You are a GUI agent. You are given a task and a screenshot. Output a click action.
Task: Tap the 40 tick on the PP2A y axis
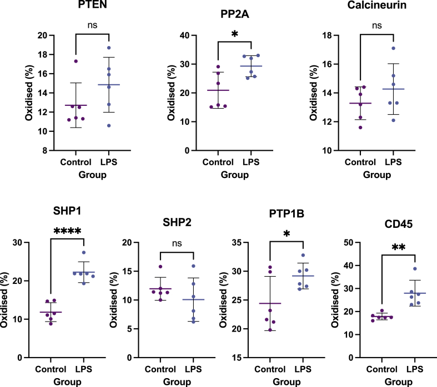tap(184, 35)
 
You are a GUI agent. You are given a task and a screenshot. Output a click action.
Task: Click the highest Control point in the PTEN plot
tap(76, 61)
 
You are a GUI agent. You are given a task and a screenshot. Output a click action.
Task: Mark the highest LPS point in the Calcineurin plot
tap(393, 48)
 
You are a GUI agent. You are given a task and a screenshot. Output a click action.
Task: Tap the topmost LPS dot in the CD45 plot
tap(414, 269)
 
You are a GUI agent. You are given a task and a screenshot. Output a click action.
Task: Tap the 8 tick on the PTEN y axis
tap(44, 150)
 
